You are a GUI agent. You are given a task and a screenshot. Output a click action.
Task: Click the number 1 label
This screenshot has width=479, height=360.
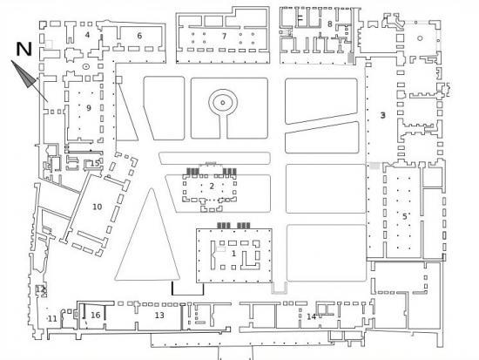[234, 254]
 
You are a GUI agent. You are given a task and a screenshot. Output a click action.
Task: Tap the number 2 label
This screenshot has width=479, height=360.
[212, 186]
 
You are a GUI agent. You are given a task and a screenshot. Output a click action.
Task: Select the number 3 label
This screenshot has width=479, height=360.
[383, 115]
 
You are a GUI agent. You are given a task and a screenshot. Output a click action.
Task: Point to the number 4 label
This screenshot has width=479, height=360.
[88, 35]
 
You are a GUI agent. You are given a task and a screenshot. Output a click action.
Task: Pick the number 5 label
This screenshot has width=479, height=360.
[404, 216]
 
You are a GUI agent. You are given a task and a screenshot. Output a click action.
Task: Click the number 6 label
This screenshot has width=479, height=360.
[139, 36]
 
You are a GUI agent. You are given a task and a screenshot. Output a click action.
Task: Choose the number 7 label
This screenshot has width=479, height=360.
[225, 37]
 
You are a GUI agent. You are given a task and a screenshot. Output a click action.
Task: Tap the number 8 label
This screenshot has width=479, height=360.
[329, 24]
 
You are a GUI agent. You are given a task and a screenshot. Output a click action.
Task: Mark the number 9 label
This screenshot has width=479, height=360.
[89, 108]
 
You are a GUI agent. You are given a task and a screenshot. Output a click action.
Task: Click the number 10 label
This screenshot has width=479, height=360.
[98, 207]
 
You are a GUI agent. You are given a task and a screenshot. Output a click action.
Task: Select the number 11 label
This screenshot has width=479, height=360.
[52, 319]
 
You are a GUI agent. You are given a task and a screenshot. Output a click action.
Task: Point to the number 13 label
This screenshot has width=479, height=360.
[159, 315]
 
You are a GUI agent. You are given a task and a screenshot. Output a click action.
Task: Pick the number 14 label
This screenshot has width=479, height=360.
[311, 316]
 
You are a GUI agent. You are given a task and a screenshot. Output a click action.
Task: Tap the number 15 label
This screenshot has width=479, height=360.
[95, 163]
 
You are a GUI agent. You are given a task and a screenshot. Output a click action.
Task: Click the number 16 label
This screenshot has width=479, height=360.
[96, 315]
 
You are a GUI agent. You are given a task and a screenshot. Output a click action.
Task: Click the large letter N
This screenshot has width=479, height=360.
[24, 49]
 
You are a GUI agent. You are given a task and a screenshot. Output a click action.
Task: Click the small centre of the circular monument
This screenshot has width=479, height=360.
[223, 103]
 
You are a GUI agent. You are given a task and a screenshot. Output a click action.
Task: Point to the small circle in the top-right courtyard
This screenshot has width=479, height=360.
[420, 38]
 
